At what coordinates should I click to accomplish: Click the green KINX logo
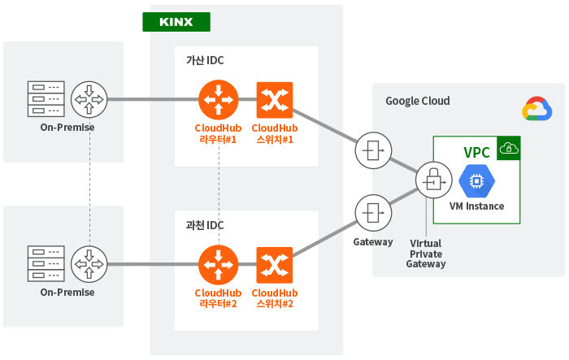click(176, 22)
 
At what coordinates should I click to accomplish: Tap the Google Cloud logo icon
click(537, 109)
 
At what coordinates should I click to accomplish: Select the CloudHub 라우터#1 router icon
click(219, 100)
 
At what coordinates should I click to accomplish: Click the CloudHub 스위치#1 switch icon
click(275, 100)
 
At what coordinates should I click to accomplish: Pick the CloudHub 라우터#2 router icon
click(219, 265)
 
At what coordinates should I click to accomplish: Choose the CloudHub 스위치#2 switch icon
click(275, 265)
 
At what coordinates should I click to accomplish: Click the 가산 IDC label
click(205, 60)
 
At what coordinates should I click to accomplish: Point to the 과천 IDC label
click(205, 225)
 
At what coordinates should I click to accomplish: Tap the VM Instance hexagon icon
click(477, 180)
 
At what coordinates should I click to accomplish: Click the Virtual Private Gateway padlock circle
click(434, 180)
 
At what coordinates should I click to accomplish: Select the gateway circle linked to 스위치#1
click(373, 150)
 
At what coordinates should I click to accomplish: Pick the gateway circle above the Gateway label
click(373, 213)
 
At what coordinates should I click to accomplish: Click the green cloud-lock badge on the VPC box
click(509, 148)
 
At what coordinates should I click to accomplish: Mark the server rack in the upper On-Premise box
click(46, 99)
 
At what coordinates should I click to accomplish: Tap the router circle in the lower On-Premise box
click(89, 264)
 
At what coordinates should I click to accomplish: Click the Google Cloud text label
click(418, 101)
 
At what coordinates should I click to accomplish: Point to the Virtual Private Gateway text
click(426, 254)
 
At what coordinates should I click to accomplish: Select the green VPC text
click(477, 153)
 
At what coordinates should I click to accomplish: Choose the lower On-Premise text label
click(67, 292)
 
